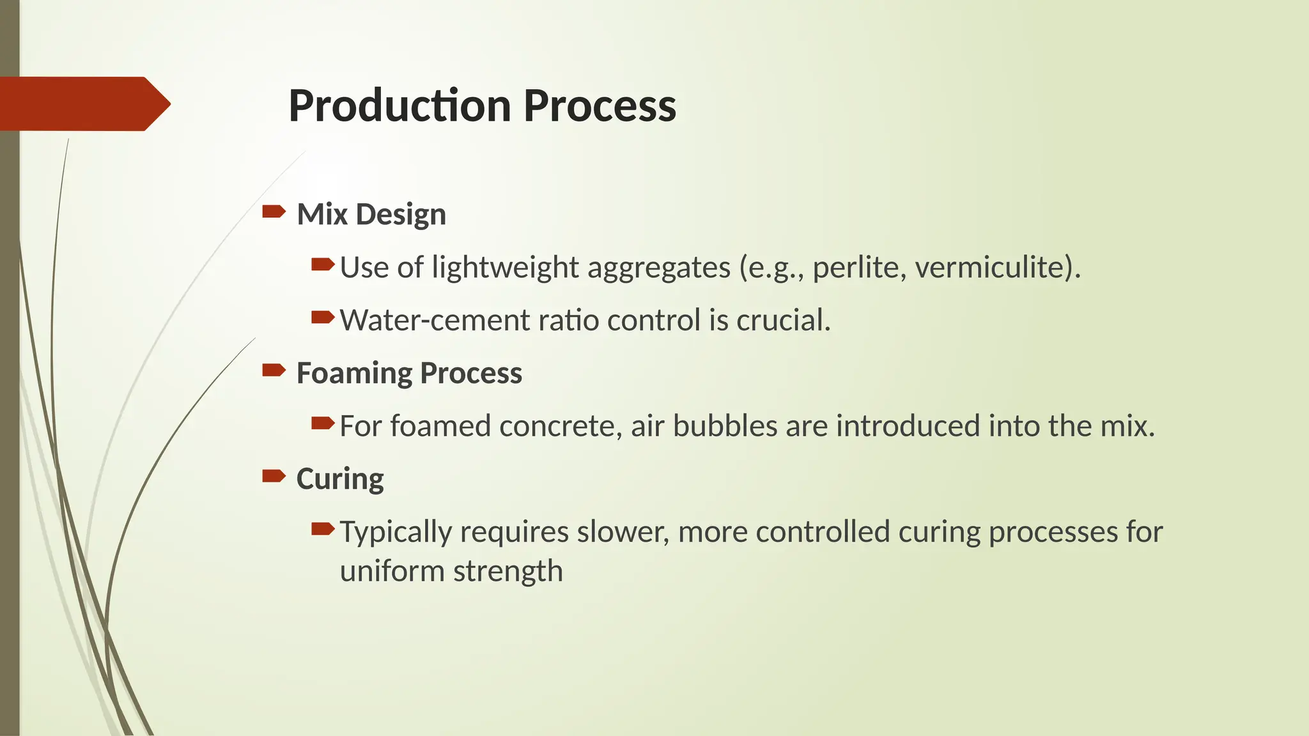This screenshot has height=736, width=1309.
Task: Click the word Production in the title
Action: tap(399, 105)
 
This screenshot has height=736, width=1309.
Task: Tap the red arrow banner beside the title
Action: tap(83, 103)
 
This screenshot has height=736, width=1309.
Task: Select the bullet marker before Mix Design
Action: tap(274, 211)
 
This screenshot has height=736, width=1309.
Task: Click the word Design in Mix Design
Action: tap(400, 215)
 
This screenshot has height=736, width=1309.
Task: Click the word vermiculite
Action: tap(993, 268)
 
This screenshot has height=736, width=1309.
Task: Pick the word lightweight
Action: tap(505, 268)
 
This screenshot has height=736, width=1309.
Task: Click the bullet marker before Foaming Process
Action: tap(274, 370)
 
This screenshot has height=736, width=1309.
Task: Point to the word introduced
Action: tap(908, 426)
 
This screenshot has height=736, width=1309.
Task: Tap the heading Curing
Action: tap(340, 479)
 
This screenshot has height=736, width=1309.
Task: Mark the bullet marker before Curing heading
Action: tap(274, 475)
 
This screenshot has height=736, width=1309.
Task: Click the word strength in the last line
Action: tap(508, 571)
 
